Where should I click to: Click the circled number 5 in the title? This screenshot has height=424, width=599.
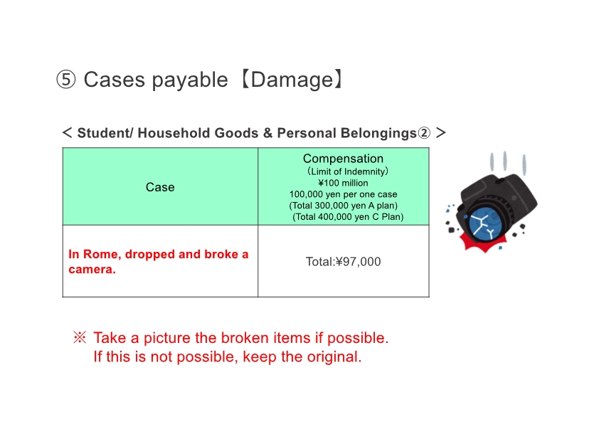pyautogui.click(x=65, y=80)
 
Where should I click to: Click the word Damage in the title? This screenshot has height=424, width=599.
pyautogui.click(x=292, y=80)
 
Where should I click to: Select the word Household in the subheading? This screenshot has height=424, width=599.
pyautogui.click(x=174, y=133)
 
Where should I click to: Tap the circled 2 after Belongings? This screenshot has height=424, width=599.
pyautogui.click(x=424, y=133)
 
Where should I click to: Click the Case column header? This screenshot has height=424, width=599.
pyautogui.click(x=160, y=187)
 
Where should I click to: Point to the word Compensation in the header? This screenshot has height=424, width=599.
pyautogui.click(x=343, y=159)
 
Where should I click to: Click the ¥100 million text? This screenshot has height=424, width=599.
pyautogui.click(x=343, y=183)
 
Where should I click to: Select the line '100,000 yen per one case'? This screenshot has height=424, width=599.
pyautogui.click(x=343, y=194)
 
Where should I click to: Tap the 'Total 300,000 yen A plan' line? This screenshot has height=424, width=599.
pyautogui.click(x=343, y=206)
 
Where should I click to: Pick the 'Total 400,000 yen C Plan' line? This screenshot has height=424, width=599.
pyautogui.click(x=348, y=217)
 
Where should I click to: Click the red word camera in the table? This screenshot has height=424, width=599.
pyautogui.click(x=92, y=270)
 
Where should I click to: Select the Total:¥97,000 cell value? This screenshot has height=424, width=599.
pyautogui.click(x=343, y=262)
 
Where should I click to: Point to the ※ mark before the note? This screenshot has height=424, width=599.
pyautogui.click(x=80, y=337)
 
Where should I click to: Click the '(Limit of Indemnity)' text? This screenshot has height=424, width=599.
pyautogui.click(x=348, y=171)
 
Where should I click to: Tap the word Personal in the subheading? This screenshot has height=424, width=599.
pyautogui.click(x=307, y=133)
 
